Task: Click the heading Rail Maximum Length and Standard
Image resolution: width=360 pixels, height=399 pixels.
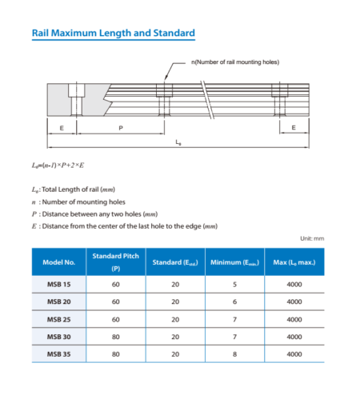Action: pyautogui.click(x=112, y=34)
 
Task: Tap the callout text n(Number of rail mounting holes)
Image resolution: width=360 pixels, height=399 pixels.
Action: pyautogui.click(x=235, y=62)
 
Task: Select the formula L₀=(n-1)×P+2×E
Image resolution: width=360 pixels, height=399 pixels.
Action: pyautogui.click(x=62, y=165)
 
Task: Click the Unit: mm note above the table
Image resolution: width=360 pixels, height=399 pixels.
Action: pyautogui.click(x=312, y=238)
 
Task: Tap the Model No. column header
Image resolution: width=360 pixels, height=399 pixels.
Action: pyautogui.click(x=58, y=261)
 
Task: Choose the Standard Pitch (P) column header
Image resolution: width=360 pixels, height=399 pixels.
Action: pyautogui.click(x=116, y=261)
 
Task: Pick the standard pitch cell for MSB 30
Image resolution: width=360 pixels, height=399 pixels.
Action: pyautogui.click(x=116, y=337)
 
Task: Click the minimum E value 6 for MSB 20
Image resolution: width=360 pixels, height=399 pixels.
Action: pyautogui.click(x=234, y=302)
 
